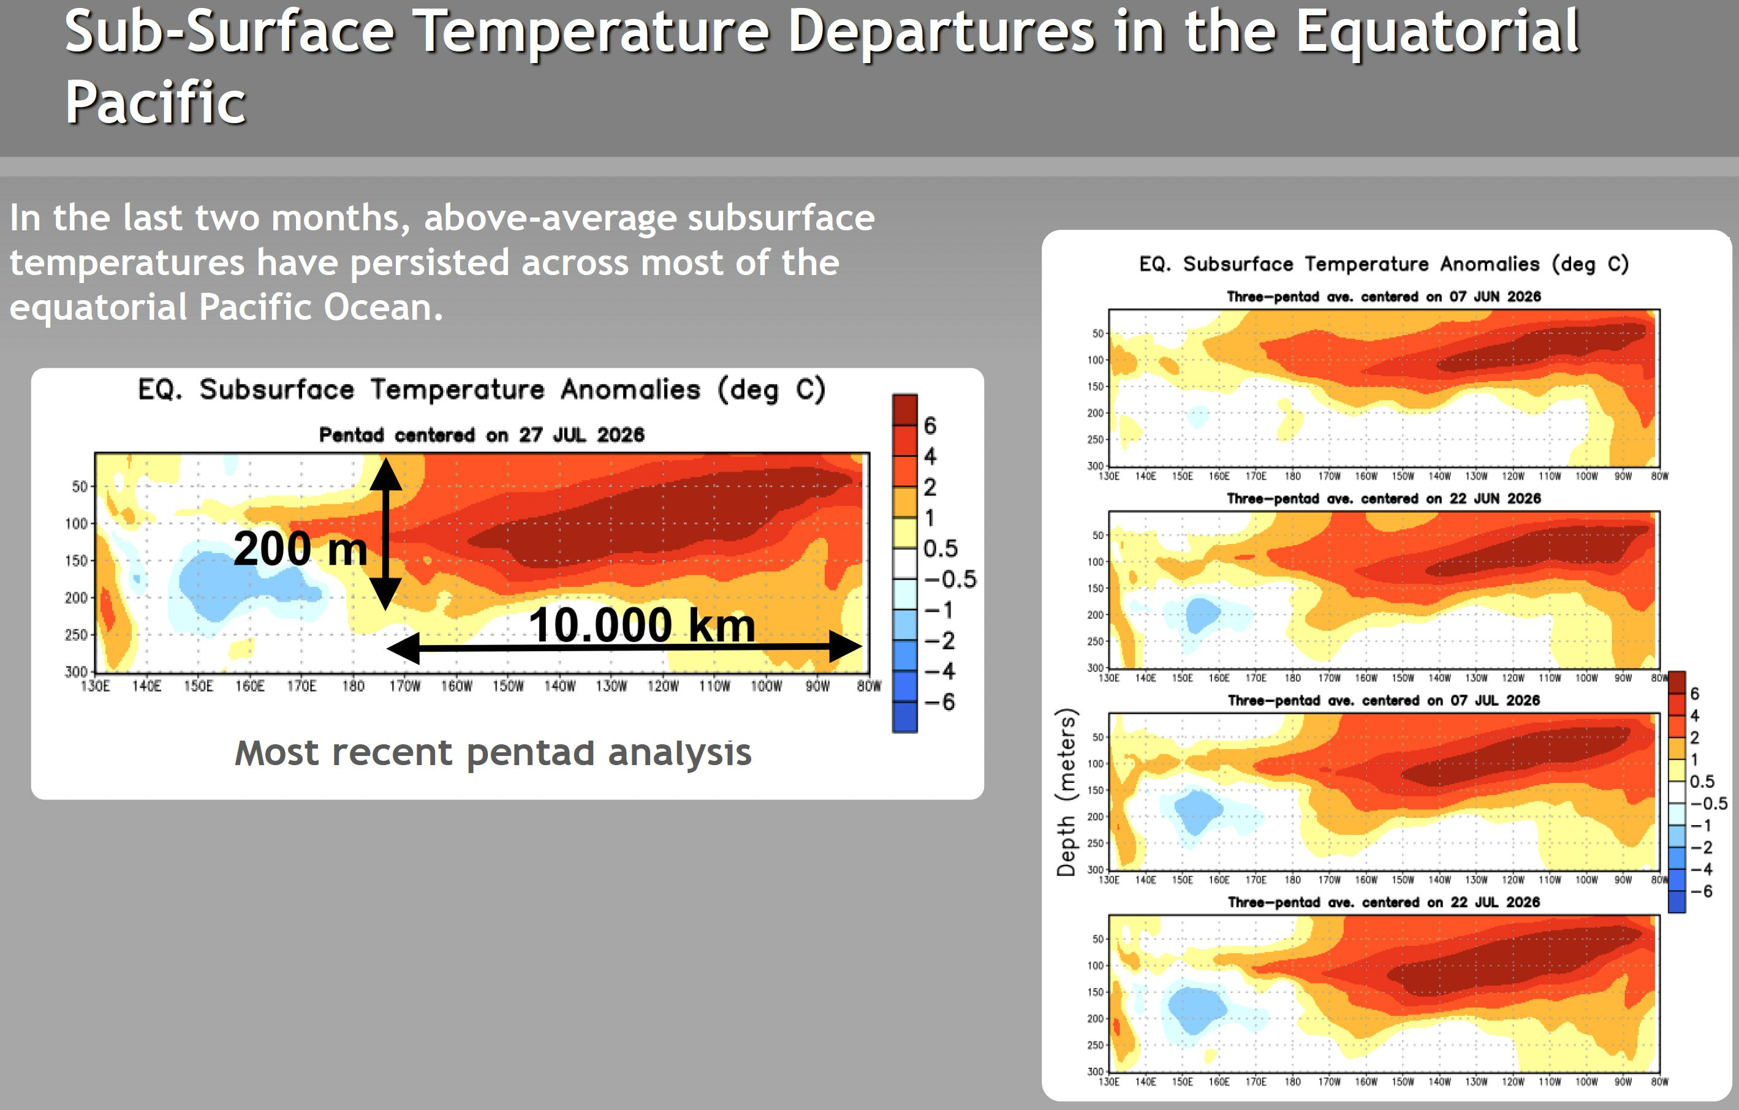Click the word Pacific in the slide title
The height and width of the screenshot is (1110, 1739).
tap(155, 102)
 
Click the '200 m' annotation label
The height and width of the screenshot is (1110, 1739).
tap(300, 548)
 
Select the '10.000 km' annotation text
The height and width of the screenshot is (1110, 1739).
tap(642, 625)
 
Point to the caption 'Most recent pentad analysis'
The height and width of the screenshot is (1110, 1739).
tap(493, 753)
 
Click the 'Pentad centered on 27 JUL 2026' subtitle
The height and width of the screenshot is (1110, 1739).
tap(482, 435)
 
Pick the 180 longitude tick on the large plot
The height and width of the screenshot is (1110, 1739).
tap(353, 686)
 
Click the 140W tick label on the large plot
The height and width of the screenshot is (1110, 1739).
tap(559, 686)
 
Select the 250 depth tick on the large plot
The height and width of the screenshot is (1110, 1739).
tap(76, 635)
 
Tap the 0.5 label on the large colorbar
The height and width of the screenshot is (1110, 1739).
tap(940, 549)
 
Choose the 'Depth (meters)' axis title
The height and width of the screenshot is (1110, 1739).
tap(1066, 792)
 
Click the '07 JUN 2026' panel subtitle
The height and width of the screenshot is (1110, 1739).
tap(1384, 297)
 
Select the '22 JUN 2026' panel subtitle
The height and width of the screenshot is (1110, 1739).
tap(1384, 498)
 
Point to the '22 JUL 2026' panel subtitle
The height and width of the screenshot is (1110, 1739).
tap(1384, 902)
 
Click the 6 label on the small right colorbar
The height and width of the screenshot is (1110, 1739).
tap(1695, 693)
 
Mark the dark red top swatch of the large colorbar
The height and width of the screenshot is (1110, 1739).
tap(905, 409)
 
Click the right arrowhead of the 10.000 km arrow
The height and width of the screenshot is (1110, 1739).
tap(845, 646)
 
